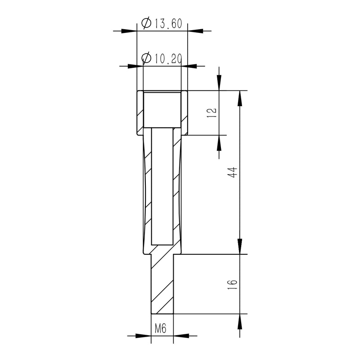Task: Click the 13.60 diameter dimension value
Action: tap(168, 24)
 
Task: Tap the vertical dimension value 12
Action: tap(212, 112)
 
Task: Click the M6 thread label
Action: tap(161, 329)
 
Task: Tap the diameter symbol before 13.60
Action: tap(146, 23)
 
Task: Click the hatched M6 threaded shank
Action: tap(162, 283)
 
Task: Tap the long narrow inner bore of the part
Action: tap(162, 184)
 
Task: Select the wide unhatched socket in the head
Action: tap(162, 109)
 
